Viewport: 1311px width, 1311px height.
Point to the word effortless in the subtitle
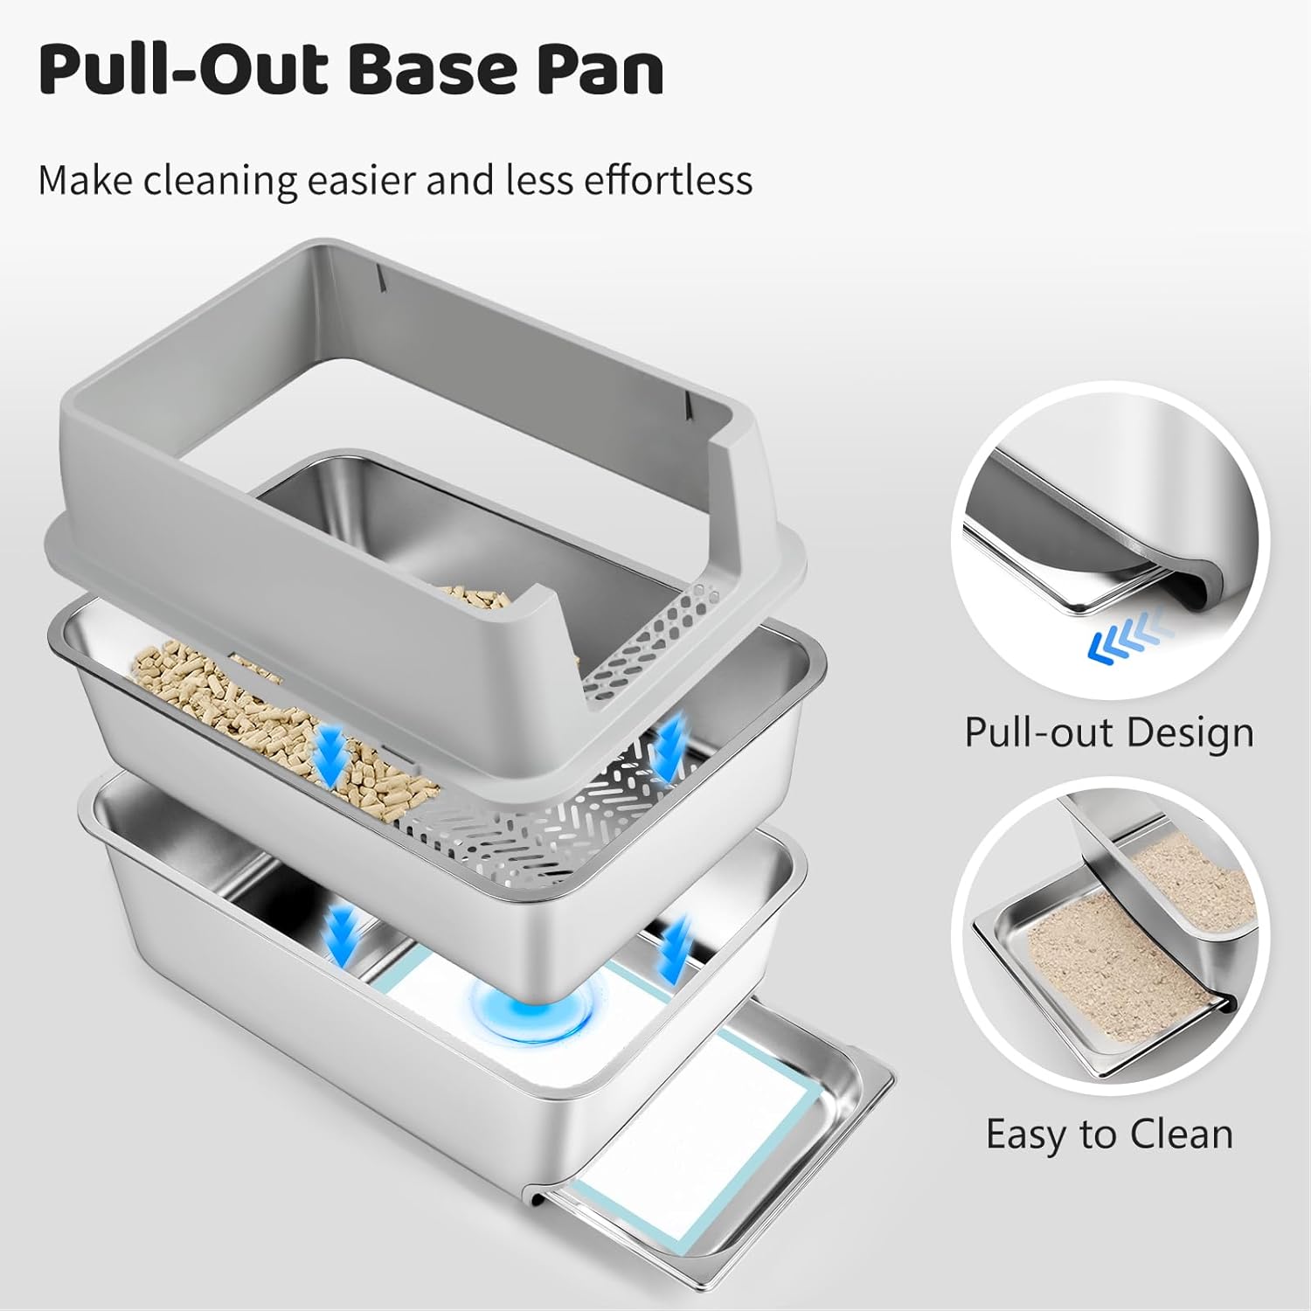[668, 181]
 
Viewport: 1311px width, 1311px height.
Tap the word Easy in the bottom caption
[1027, 1134]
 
